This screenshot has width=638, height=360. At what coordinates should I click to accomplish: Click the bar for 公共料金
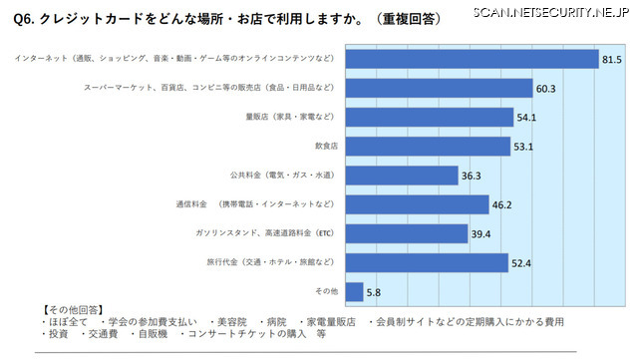click(400, 176)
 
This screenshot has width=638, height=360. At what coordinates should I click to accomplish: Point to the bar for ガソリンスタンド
click(405, 233)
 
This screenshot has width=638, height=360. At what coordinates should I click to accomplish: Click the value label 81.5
click(612, 60)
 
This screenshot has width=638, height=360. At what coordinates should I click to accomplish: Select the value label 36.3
click(472, 177)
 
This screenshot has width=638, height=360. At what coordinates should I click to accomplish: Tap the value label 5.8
click(371, 292)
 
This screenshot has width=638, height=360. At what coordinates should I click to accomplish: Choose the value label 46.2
click(503, 205)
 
